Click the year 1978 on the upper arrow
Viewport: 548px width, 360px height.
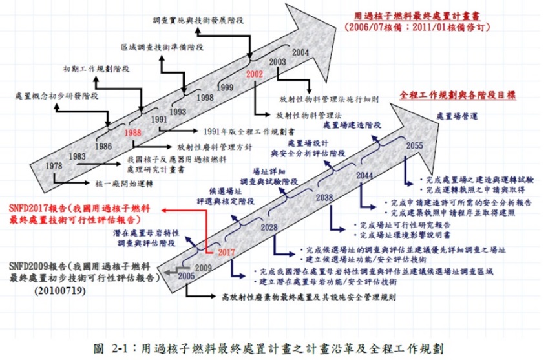[x=54, y=166]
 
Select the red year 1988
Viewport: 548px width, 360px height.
[x=133, y=132]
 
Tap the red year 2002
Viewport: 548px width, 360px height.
[x=255, y=74]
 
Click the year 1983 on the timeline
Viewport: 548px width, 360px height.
[x=78, y=156]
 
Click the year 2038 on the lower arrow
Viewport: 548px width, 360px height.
[x=325, y=198]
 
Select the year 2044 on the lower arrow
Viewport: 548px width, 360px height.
[x=364, y=175]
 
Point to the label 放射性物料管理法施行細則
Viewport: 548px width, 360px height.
[x=329, y=100]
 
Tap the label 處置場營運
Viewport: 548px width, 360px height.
[x=458, y=116]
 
